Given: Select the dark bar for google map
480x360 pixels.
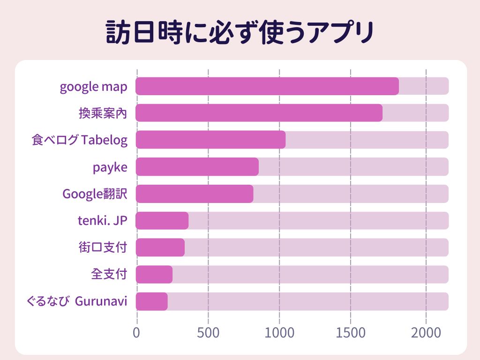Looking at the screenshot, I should pos(267,86).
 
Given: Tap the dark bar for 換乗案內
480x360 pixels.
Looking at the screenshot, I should pos(259,113).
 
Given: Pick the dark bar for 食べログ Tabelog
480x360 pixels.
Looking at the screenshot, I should pos(210,140).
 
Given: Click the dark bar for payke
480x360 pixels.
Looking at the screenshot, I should pos(197,167).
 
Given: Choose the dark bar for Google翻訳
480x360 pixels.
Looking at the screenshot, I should pos(195,194).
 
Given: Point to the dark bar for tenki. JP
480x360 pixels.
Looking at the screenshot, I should pos(162,220).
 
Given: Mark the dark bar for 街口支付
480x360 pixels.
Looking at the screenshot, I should pos(160,247).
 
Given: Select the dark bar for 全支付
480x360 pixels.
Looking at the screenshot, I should pos(154,274).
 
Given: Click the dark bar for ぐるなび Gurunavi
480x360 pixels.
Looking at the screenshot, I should pos(151,301).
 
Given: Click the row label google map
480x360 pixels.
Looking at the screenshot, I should pos(94,87).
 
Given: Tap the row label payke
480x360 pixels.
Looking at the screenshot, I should pos(110,168).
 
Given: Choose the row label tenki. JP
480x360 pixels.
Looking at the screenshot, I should pos(103,220).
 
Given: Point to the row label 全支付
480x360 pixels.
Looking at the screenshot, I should pos(109,274).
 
